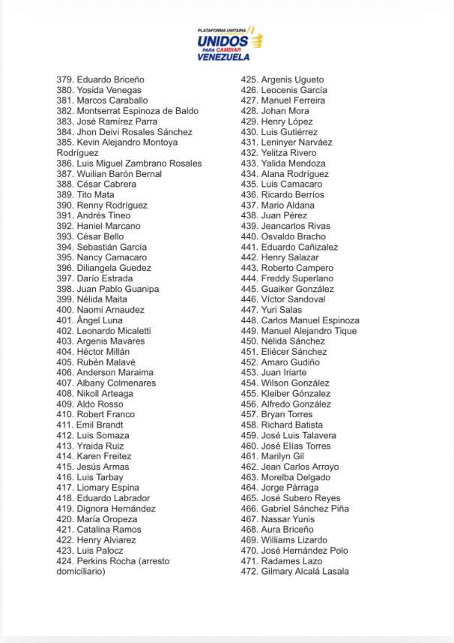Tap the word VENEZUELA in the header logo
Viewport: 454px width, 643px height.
coord(223,57)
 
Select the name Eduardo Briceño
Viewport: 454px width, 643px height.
coord(110,80)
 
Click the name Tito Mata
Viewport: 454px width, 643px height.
coord(95,194)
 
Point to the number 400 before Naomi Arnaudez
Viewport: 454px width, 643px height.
coord(65,310)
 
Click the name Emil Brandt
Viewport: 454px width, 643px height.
coord(100,425)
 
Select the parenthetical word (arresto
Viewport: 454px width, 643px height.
coord(154,561)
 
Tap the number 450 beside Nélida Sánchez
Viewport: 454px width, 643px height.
coord(249,341)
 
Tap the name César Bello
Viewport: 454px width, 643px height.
coord(100,236)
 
